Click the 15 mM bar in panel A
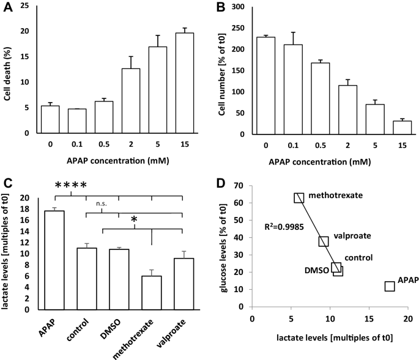tap(185, 83)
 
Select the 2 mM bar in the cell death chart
tap(131, 101)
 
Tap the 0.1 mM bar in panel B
tap(293, 89)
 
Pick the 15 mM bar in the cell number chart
tap(402, 127)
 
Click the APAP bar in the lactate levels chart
tap(54, 260)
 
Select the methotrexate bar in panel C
tap(152, 293)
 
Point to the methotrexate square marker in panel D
tap(298, 198)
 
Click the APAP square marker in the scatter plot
tap(390, 286)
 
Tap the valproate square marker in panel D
tap(324, 241)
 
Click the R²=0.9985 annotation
tap(284, 227)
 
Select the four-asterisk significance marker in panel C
tap(71, 185)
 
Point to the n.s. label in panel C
tap(102, 204)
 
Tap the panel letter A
tap(8, 7)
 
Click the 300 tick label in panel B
tap(238, 7)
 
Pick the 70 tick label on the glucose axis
tap(239, 185)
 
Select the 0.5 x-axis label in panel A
tap(104, 144)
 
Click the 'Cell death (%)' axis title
tap(7, 74)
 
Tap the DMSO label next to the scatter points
tap(317, 270)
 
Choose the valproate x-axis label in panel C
tap(171, 334)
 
